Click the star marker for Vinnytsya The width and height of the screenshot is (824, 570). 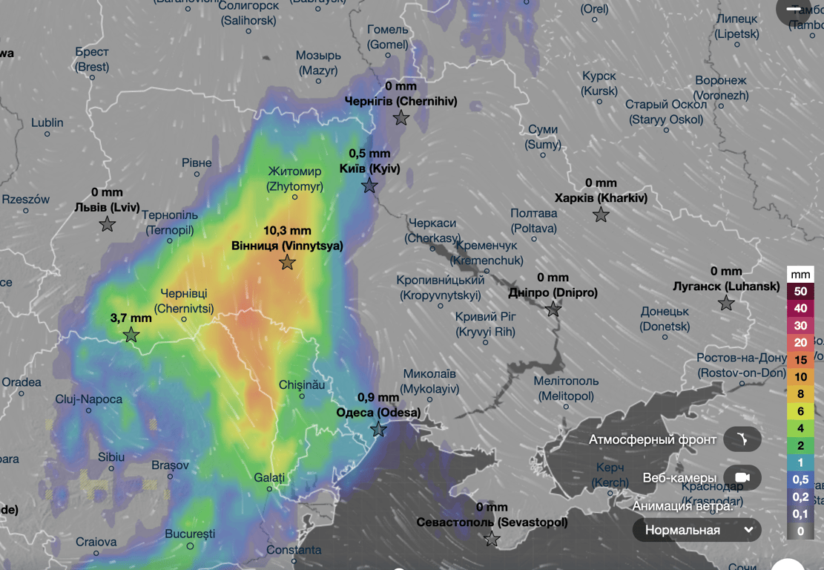[x=287, y=263]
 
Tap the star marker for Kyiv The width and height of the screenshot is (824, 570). [x=370, y=186]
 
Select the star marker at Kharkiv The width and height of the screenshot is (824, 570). [x=601, y=215]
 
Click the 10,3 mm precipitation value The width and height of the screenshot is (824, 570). [x=287, y=231]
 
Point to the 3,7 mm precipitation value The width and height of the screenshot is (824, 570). [x=131, y=318]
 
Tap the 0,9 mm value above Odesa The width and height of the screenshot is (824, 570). [x=378, y=397]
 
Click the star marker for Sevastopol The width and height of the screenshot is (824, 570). [x=492, y=539]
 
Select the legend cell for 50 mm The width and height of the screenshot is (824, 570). [x=800, y=292]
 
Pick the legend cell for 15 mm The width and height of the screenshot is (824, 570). [x=800, y=360]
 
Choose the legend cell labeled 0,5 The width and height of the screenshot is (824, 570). [x=800, y=479]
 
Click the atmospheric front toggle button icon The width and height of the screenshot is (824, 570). [x=742, y=439]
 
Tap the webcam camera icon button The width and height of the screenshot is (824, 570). [x=742, y=477]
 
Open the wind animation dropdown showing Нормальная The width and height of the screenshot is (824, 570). [x=696, y=530]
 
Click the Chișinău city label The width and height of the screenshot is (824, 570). [x=301, y=384]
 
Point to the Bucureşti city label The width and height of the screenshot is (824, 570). [x=190, y=534]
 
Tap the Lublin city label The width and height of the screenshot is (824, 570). [x=47, y=122]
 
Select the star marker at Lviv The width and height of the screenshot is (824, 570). [x=108, y=224]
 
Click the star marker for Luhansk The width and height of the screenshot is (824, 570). [x=726, y=303]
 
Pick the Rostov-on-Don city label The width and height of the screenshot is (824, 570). [x=742, y=365]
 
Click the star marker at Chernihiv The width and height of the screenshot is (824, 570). [x=401, y=118]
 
